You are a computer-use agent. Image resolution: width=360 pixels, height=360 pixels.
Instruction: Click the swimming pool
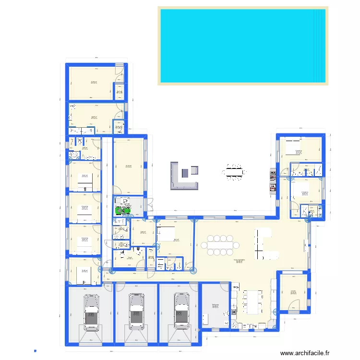pyautogui.click(x=242, y=46)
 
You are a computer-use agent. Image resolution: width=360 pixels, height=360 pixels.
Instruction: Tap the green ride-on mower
pyautogui.click(x=125, y=209)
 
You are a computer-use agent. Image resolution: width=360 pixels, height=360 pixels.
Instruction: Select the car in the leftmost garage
pyautogui.click(x=91, y=312)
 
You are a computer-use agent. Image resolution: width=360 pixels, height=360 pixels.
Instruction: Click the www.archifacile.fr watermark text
pyautogui.click(x=305, y=353)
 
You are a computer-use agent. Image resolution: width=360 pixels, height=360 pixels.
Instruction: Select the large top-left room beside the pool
pyautogui.click(x=92, y=82)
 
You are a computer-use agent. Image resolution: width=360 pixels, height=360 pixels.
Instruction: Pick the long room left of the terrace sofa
pyautogui.click(x=129, y=166)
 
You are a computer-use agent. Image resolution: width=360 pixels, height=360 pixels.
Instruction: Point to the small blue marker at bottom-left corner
pyautogui.click(x=35, y=350)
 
